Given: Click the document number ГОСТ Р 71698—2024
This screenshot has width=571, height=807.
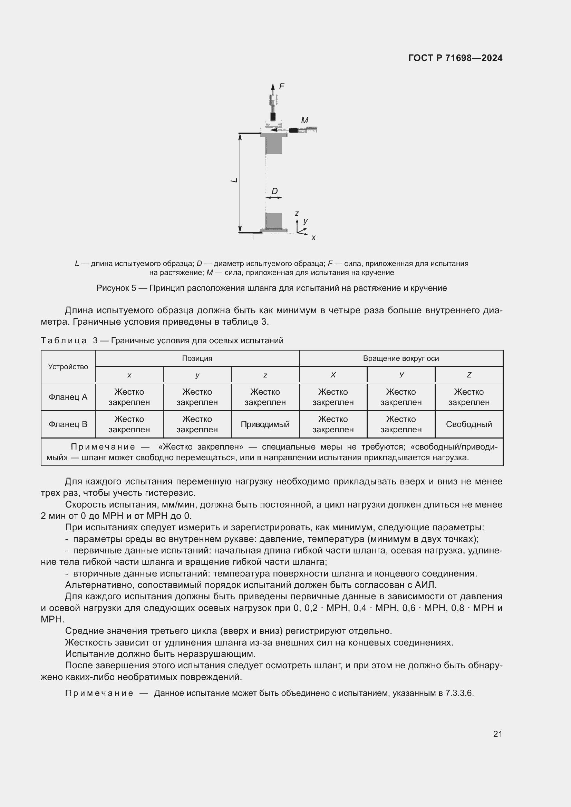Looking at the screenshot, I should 455,58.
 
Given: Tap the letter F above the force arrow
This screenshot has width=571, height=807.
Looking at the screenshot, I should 282,86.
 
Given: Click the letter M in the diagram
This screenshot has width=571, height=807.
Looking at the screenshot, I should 304,120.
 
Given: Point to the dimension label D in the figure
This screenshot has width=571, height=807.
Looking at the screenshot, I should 274,191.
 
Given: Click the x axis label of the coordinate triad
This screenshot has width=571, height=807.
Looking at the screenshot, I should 313,238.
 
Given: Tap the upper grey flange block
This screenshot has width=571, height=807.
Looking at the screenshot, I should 273,144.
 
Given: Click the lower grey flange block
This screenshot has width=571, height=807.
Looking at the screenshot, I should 273,221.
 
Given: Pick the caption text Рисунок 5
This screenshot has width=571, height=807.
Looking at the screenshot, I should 116,288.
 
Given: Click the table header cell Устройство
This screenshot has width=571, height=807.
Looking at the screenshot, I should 68,367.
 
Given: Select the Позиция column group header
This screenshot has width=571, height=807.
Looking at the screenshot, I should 197,358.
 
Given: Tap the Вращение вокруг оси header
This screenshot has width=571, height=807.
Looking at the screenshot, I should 401,358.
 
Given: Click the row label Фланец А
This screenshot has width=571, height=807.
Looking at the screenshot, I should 68,397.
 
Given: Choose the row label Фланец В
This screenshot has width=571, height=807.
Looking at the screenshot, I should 68,424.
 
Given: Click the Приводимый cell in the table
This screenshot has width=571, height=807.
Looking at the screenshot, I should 265,424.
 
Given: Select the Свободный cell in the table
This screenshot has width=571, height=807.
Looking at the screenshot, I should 469,424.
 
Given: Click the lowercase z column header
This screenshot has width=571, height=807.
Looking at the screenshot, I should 265,375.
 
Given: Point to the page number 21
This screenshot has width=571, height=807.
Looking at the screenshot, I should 497,734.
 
